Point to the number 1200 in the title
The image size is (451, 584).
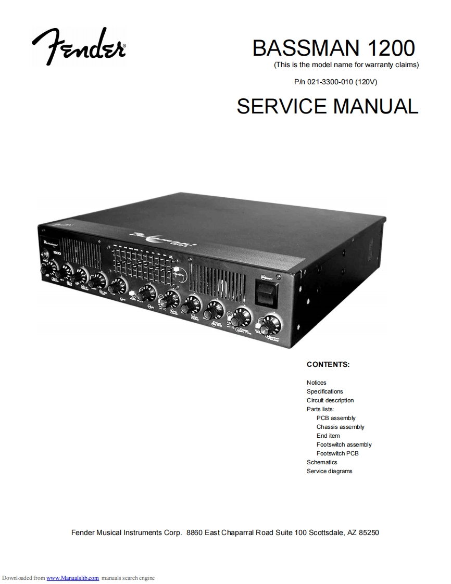pyautogui.click(x=391, y=48)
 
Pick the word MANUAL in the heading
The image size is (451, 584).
pyautogui.click(x=375, y=106)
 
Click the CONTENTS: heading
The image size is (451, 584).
pyautogui.click(x=328, y=364)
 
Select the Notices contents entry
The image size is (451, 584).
pyautogui.click(x=316, y=383)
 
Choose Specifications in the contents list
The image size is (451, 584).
pyautogui.click(x=324, y=391)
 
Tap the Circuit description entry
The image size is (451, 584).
pyautogui.click(x=330, y=400)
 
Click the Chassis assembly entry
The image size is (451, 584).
pyautogui.click(x=340, y=427)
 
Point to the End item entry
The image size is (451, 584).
pyautogui.click(x=328, y=436)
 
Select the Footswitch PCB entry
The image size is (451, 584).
pyautogui.click(x=337, y=453)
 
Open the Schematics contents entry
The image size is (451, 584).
pyautogui.click(x=322, y=462)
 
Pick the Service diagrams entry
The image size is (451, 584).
pyautogui.click(x=329, y=471)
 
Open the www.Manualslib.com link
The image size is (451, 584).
pyautogui.click(x=73, y=578)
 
